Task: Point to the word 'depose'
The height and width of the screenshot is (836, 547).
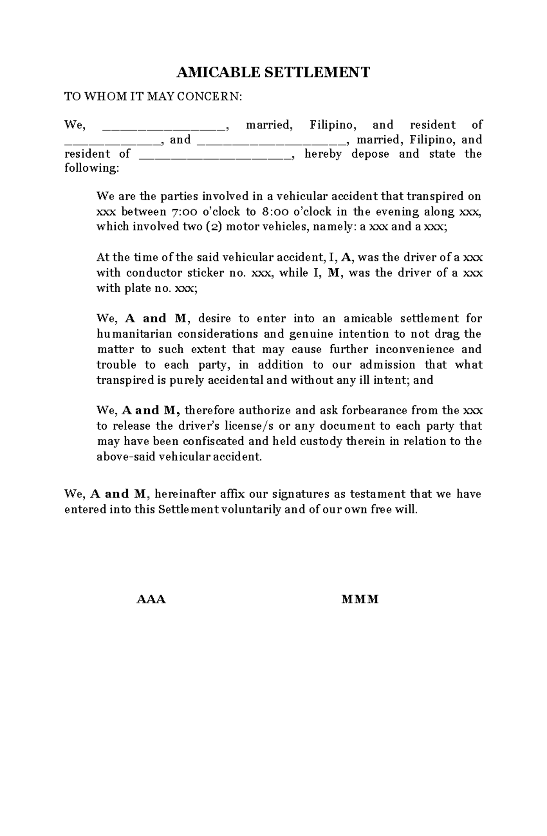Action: coord(370,154)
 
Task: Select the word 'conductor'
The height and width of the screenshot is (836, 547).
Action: coord(153,273)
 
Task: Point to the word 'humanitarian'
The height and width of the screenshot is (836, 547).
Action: coord(134,334)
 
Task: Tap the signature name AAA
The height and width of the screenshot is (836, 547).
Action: coord(151,599)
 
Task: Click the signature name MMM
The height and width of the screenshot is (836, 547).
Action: coord(360,599)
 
